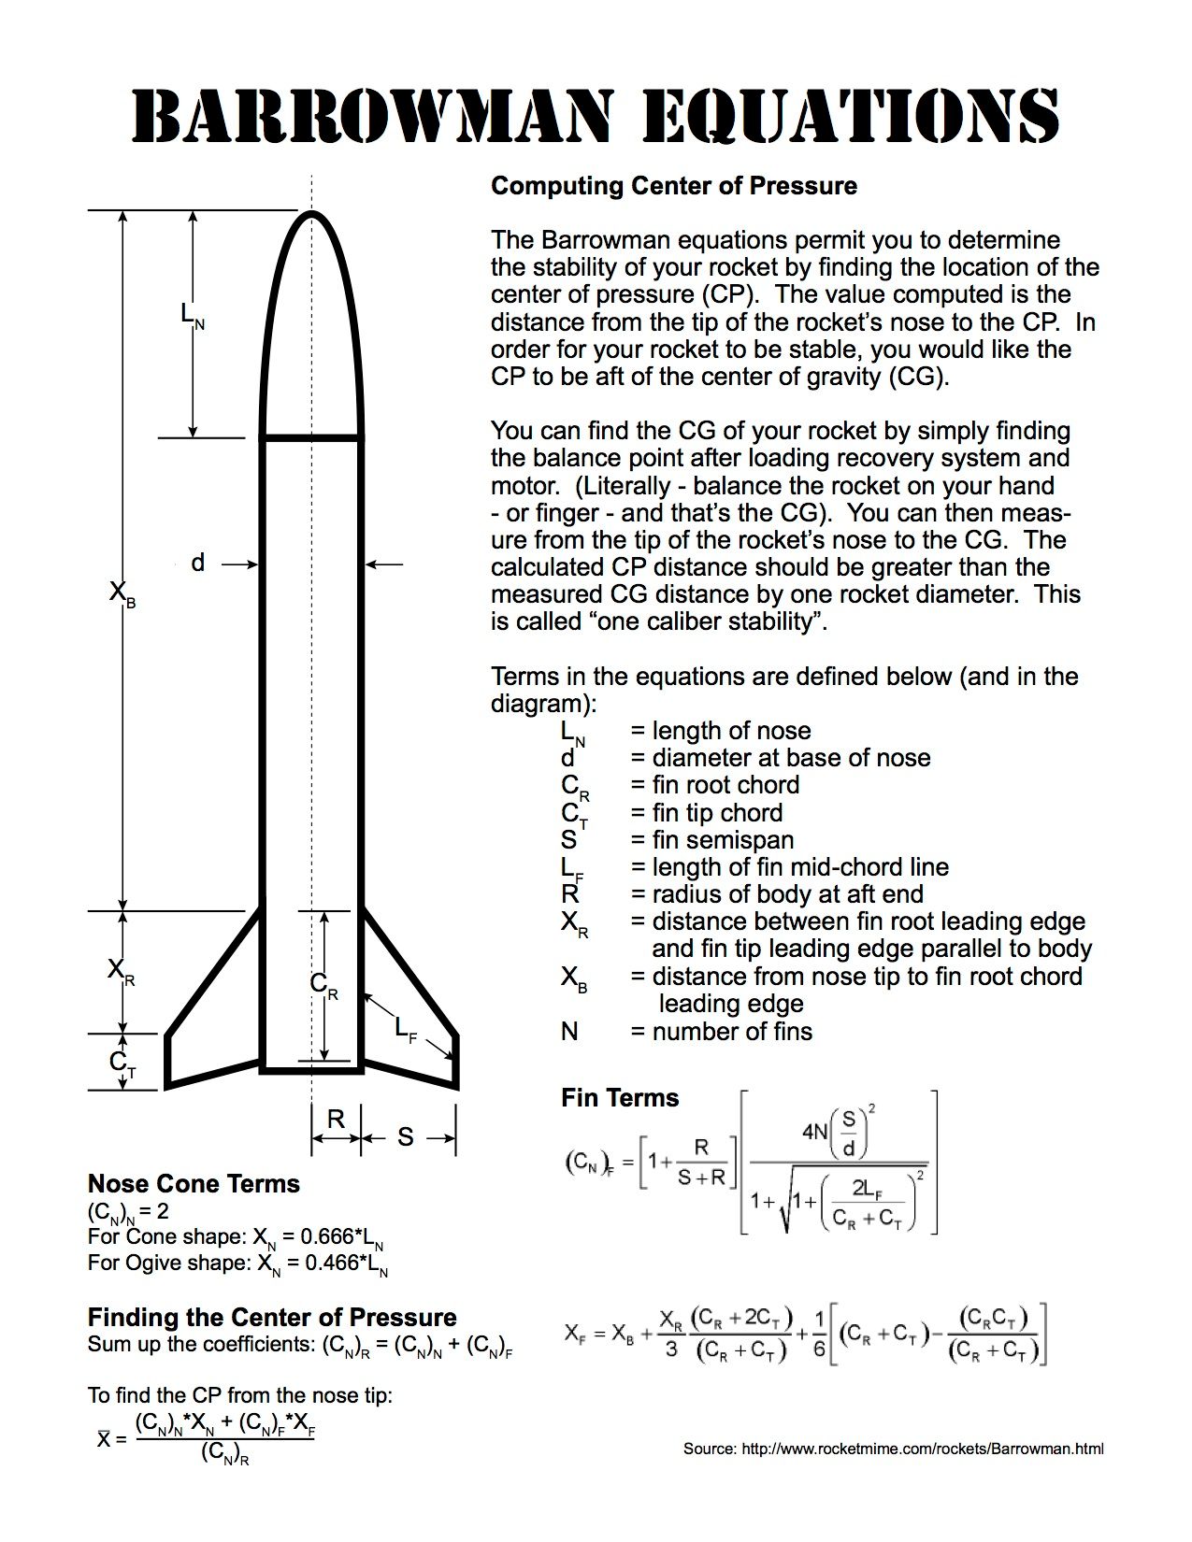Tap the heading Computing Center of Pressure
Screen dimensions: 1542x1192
pos(673,185)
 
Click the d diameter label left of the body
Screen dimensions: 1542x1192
pos(197,563)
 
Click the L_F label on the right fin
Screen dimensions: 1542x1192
pos(405,1030)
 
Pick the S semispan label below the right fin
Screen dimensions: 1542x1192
pos(405,1136)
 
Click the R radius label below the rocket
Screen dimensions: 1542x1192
pos(336,1119)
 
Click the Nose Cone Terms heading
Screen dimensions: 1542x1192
pos(194,1183)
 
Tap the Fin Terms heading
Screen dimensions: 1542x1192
pos(619,1097)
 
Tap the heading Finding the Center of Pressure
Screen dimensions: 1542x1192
pos(272,1317)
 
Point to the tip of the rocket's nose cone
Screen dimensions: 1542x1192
pos(311,214)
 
